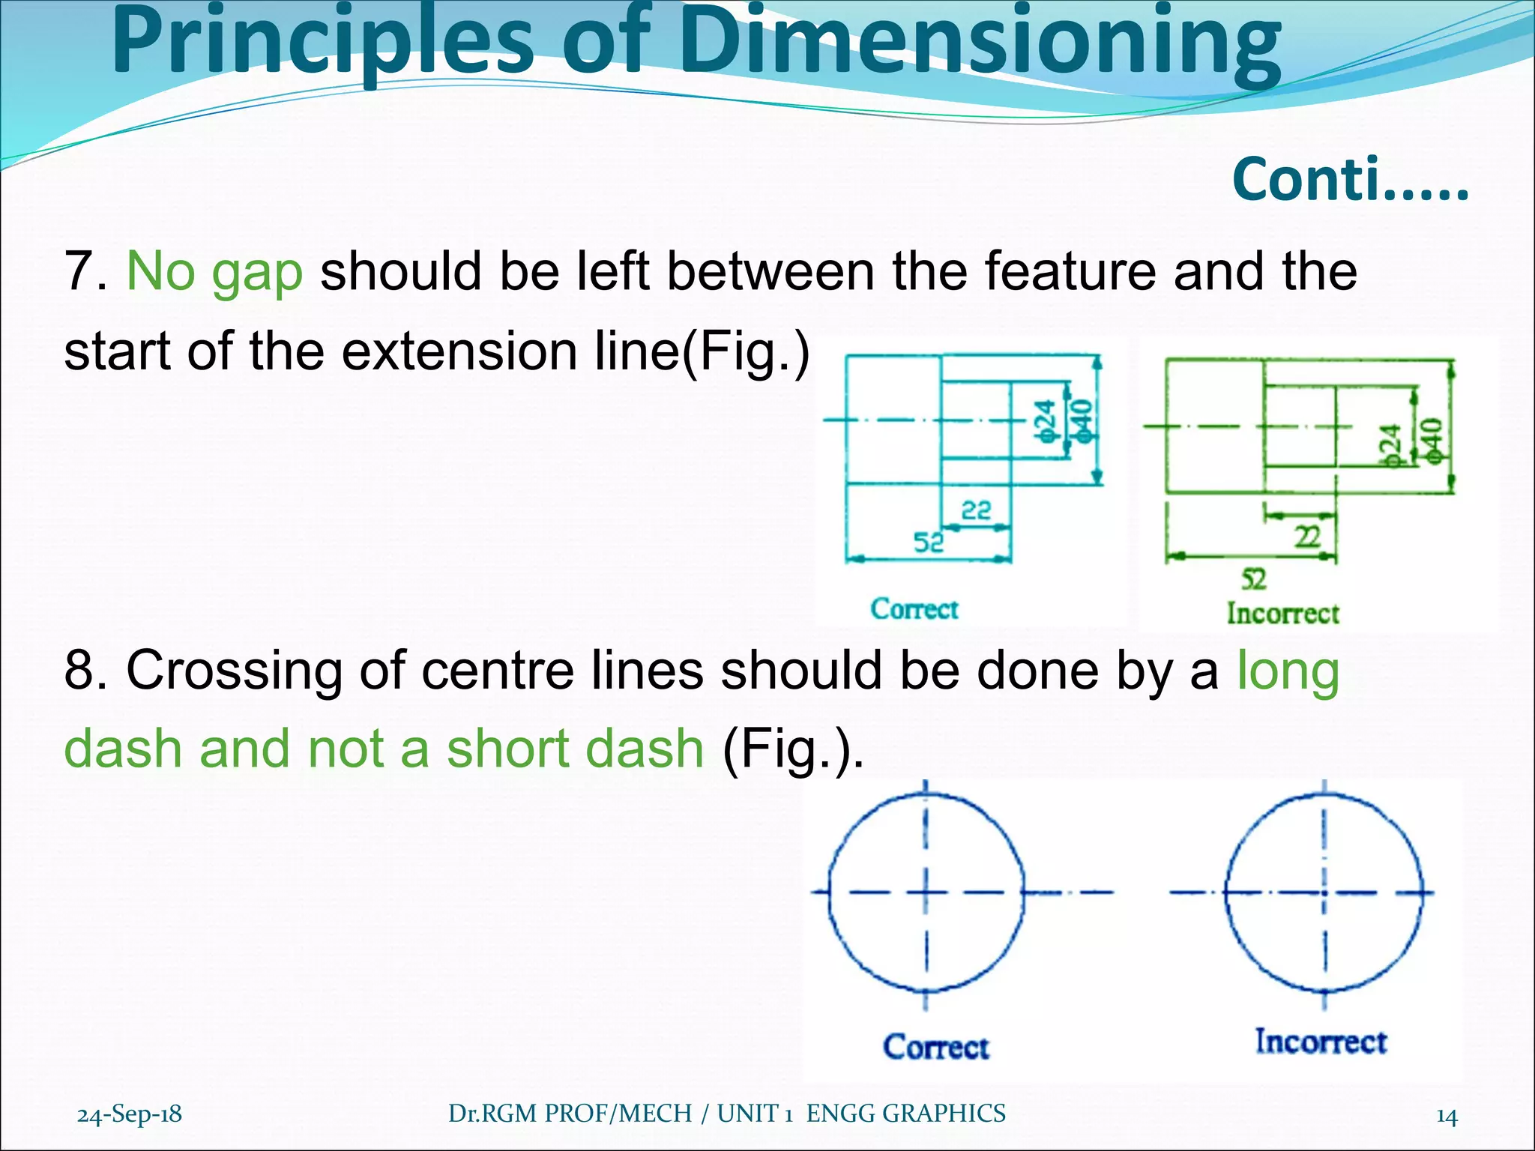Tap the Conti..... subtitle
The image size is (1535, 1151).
tap(1350, 181)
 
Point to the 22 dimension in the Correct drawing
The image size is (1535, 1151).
tap(976, 511)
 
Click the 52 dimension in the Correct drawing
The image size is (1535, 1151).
tap(928, 542)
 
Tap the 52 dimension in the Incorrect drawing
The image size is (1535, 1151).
tap(1253, 579)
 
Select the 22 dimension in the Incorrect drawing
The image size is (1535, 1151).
tap(1308, 537)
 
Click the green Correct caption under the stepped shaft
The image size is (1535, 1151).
tap(914, 609)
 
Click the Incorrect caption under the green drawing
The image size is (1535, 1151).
tap(1282, 614)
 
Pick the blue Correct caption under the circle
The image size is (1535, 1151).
tap(936, 1047)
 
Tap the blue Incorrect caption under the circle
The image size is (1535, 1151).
tap(1321, 1042)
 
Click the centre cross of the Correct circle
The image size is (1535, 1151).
tap(926, 892)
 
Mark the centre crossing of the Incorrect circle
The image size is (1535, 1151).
tap(1324, 892)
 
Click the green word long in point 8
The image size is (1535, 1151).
tap(1287, 670)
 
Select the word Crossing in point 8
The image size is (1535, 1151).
tap(233, 670)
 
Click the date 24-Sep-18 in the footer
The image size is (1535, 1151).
tap(130, 1114)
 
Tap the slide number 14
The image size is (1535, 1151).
tap(1447, 1117)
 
